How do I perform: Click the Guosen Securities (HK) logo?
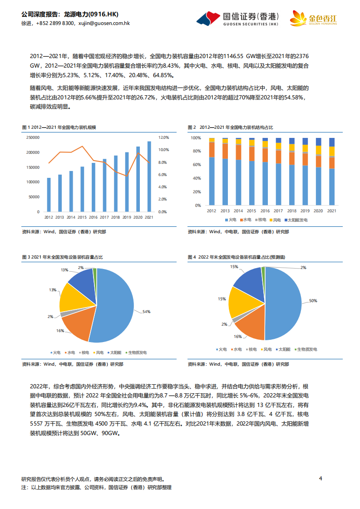pyautogui.click(x=239, y=18)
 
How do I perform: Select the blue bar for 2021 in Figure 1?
pyautogui.click(x=149, y=176)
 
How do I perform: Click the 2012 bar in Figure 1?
pyautogui.click(x=49, y=195)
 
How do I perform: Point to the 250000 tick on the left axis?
pyautogui.click(x=33, y=137)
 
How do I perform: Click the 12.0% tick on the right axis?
pyautogui.click(x=163, y=137)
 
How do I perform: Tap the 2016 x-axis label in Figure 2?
pyautogui.click(x=265, y=211)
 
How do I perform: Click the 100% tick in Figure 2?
pyautogui.click(x=196, y=137)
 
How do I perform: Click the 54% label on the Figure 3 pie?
pyautogui.click(x=146, y=312)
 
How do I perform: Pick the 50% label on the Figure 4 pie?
pyautogui.click(x=313, y=301)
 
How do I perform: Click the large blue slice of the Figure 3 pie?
pyautogui.click(x=113, y=304)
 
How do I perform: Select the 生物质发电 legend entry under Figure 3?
pyautogui.click(x=136, y=352)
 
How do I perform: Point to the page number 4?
pyautogui.click(x=321, y=478)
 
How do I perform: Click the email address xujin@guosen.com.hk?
pyautogui.click(x=104, y=23)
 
